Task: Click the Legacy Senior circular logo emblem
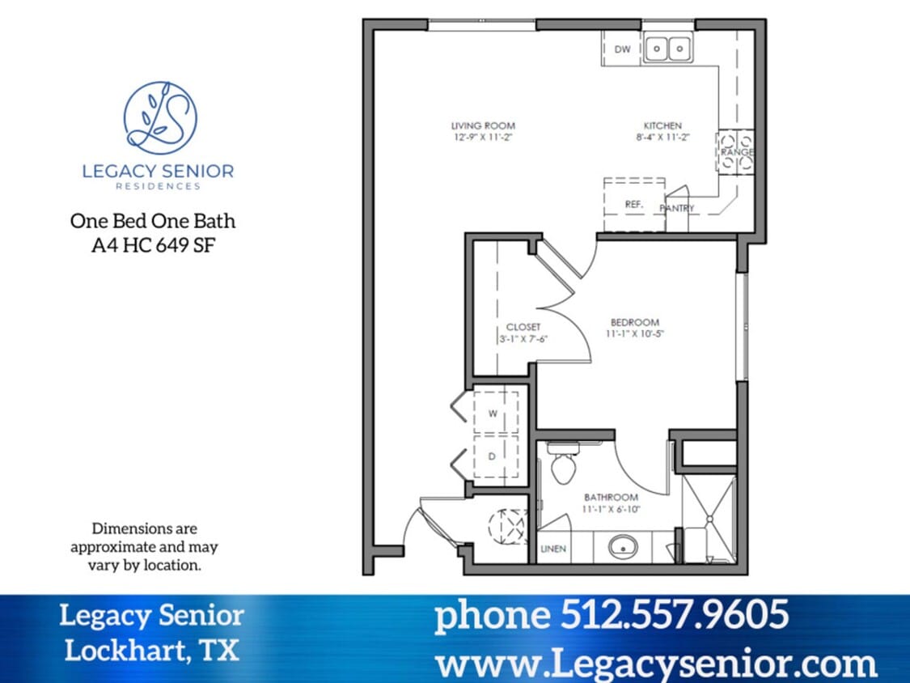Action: click(160, 118)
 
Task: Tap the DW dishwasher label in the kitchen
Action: click(622, 49)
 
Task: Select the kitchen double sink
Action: click(668, 49)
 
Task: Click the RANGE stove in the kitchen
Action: click(736, 152)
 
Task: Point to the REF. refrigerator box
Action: click(634, 205)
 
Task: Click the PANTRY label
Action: click(676, 208)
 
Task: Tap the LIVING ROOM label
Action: click(483, 126)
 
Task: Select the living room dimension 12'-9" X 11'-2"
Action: click(483, 137)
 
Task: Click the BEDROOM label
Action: click(634, 322)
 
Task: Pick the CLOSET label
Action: click(523, 327)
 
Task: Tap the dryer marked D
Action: click(492, 456)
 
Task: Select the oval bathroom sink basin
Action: click(623, 548)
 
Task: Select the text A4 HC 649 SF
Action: click(153, 244)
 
